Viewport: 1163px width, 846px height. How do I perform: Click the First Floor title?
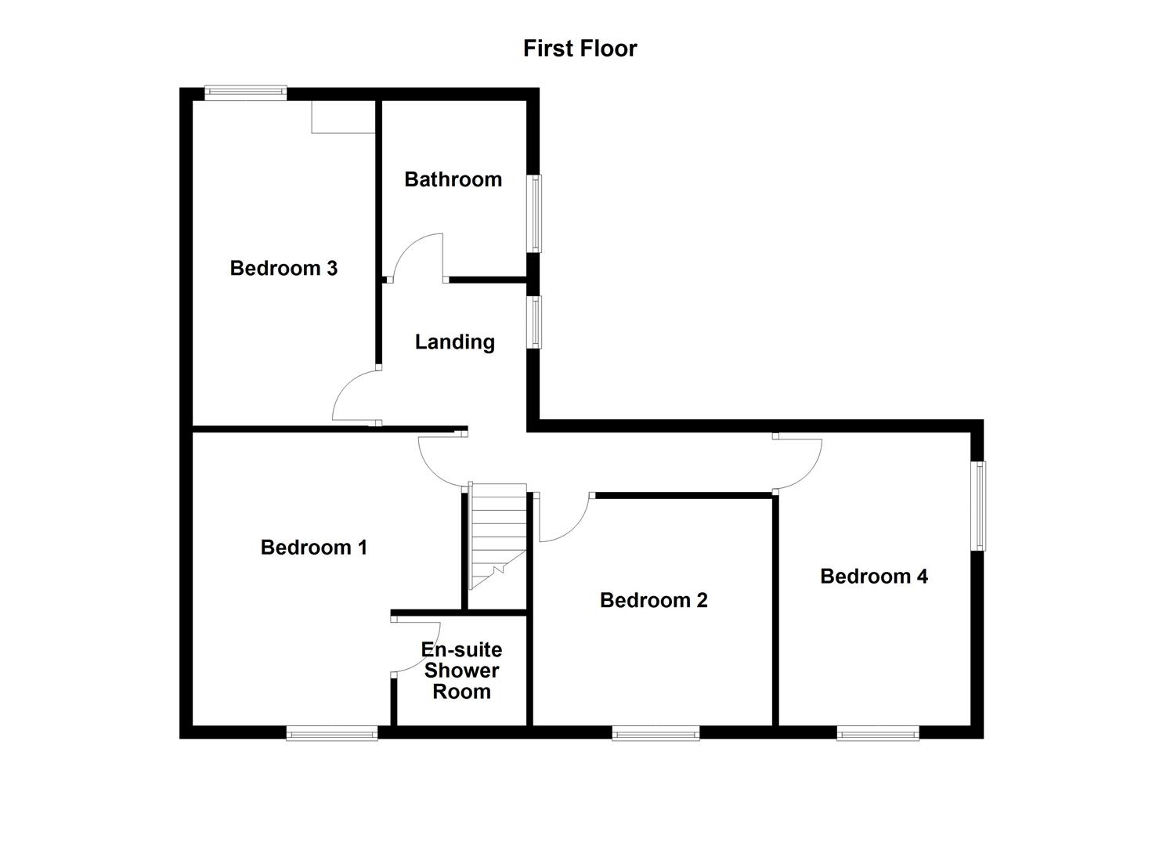click(x=580, y=49)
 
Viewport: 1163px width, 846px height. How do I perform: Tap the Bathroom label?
click(x=453, y=179)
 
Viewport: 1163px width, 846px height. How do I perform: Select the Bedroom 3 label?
click(x=284, y=268)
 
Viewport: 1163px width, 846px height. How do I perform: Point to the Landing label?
click(x=454, y=342)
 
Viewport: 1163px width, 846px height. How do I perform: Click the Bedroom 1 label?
click(x=313, y=547)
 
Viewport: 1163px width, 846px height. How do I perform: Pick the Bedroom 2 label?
click(x=653, y=600)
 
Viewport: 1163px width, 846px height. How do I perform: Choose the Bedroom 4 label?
click(x=873, y=577)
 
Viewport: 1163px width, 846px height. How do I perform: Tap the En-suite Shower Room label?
click(x=461, y=671)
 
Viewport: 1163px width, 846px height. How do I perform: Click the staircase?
click(x=497, y=537)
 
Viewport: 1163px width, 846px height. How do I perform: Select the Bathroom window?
click(x=536, y=213)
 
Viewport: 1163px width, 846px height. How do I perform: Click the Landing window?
click(x=535, y=322)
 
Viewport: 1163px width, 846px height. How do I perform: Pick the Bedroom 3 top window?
click(x=245, y=93)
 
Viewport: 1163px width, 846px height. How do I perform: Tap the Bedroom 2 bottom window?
click(x=656, y=733)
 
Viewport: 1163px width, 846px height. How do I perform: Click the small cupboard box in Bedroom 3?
click(x=342, y=117)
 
